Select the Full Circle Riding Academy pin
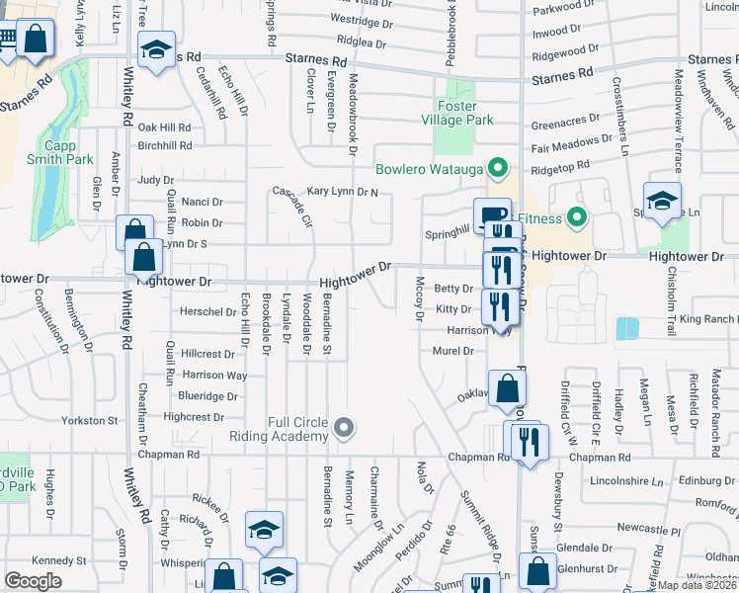coord(344,428)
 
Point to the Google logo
coord(33,581)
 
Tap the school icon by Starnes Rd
coord(155,52)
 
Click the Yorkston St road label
coord(90,421)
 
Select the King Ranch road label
coord(707,319)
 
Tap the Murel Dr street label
coord(453,351)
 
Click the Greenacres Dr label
coord(566,126)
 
